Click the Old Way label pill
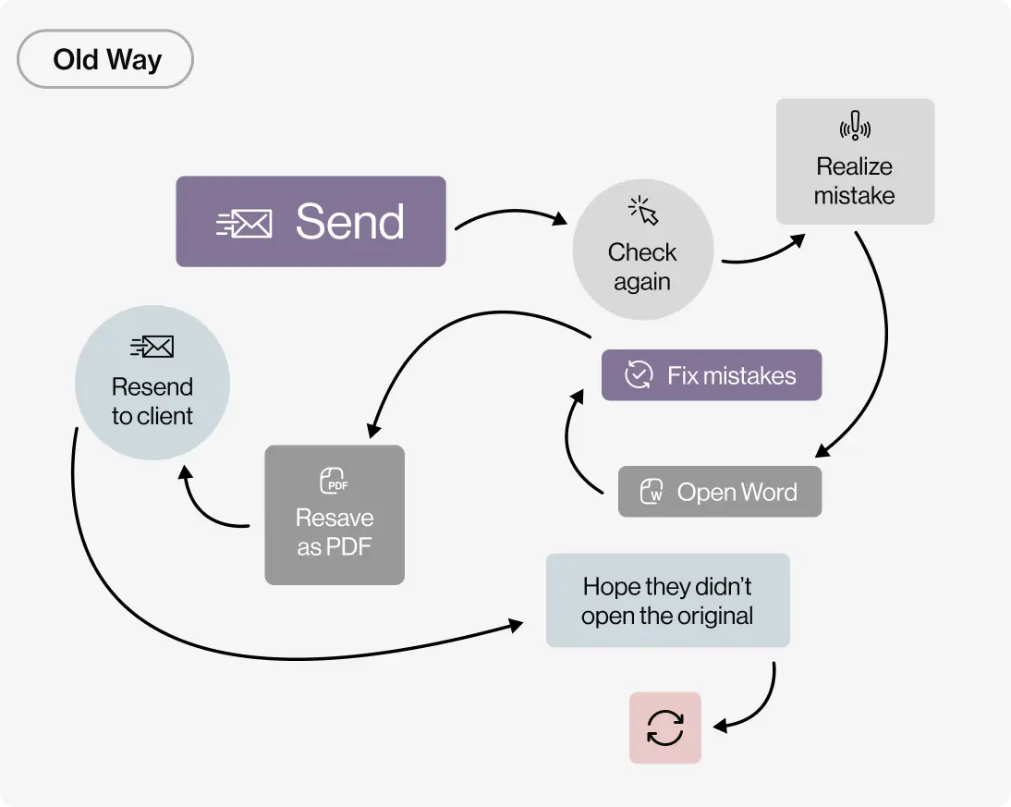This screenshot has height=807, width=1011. click(x=105, y=59)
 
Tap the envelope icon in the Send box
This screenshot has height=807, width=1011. click(x=245, y=223)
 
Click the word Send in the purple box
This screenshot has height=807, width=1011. click(x=349, y=222)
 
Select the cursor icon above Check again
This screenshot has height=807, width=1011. click(x=643, y=211)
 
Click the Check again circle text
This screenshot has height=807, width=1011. click(x=642, y=266)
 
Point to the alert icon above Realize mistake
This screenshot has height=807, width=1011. click(x=855, y=127)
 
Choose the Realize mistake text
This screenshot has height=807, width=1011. click(x=855, y=181)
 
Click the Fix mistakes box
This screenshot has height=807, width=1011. click(x=711, y=375)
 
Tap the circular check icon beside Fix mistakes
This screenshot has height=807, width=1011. click(x=639, y=375)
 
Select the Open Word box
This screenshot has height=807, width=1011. click(x=719, y=492)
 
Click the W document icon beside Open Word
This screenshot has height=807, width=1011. click(x=652, y=492)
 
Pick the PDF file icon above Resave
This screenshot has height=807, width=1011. click(x=334, y=481)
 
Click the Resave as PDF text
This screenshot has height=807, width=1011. click(x=335, y=532)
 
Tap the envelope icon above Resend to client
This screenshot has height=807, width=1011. click(x=152, y=347)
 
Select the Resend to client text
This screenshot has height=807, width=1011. click(x=152, y=401)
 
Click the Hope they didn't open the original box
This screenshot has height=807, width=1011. click(x=667, y=601)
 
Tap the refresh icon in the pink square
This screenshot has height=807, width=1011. click(x=665, y=728)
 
